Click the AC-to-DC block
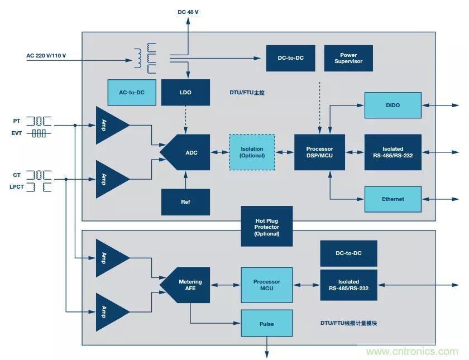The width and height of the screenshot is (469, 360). tap(132, 92)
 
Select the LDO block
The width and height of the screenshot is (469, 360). tap(185, 92)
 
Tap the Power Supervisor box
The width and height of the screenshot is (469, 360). tap(348, 58)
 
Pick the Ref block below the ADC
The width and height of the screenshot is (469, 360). tap(185, 201)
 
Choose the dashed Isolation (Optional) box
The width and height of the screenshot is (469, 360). tap(252, 152)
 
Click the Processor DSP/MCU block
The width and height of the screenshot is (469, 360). tap(319, 152)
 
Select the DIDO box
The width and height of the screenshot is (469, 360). tap(393, 105)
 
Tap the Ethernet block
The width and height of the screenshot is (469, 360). tap(393, 199)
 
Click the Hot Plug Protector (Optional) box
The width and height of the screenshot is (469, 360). tap(266, 226)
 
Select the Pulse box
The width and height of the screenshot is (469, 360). tap(266, 324)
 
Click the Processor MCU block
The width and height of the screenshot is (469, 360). tap(266, 285)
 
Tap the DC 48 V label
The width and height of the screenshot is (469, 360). tap(189, 12)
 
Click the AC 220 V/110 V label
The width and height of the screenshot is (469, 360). tap(46, 55)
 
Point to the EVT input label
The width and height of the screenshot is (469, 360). tap(16, 134)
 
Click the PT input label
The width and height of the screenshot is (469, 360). tap(16, 121)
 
